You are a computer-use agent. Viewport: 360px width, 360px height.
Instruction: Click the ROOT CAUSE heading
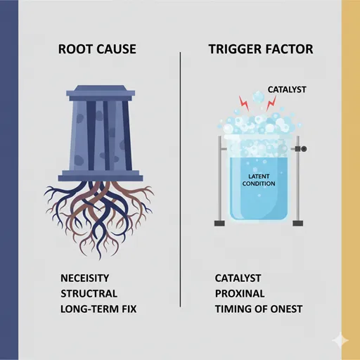(x=97, y=49)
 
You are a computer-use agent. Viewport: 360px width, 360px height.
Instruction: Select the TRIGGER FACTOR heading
(x=261, y=49)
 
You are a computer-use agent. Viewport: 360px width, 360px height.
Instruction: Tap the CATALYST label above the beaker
(x=287, y=89)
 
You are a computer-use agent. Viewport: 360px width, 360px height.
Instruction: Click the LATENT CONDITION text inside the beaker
(x=259, y=180)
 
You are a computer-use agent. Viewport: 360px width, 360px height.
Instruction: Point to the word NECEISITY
(x=85, y=278)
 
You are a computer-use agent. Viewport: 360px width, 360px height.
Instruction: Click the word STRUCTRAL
(x=89, y=294)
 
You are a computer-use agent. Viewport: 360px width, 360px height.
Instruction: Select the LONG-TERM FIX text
(x=98, y=309)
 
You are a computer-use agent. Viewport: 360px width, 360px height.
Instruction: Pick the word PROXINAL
(x=240, y=294)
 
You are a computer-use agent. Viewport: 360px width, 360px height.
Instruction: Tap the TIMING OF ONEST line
(x=259, y=309)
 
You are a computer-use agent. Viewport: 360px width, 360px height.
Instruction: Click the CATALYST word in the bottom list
(x=238, y=278)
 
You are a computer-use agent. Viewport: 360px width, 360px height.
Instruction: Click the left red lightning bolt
(x=244, y=103)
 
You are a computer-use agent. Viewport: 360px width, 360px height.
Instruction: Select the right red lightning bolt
(x=271, y=103)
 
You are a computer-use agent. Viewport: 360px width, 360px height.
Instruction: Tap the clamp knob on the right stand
(x=304, y=148)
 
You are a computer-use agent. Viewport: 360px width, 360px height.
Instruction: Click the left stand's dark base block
(x=219, y=224)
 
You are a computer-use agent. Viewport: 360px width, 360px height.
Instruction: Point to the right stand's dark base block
(x=298, y=224)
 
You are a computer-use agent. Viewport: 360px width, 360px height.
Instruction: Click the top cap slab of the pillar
(x=101, y=91)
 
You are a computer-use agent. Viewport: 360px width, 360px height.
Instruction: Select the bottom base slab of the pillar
(x=101, y=176)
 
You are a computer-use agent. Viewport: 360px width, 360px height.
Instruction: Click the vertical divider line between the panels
(x=180, y=179)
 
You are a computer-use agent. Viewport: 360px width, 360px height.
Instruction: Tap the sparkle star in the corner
(x=340, y=340)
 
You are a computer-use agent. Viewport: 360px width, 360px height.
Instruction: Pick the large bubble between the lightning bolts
(x=258, y=96)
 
